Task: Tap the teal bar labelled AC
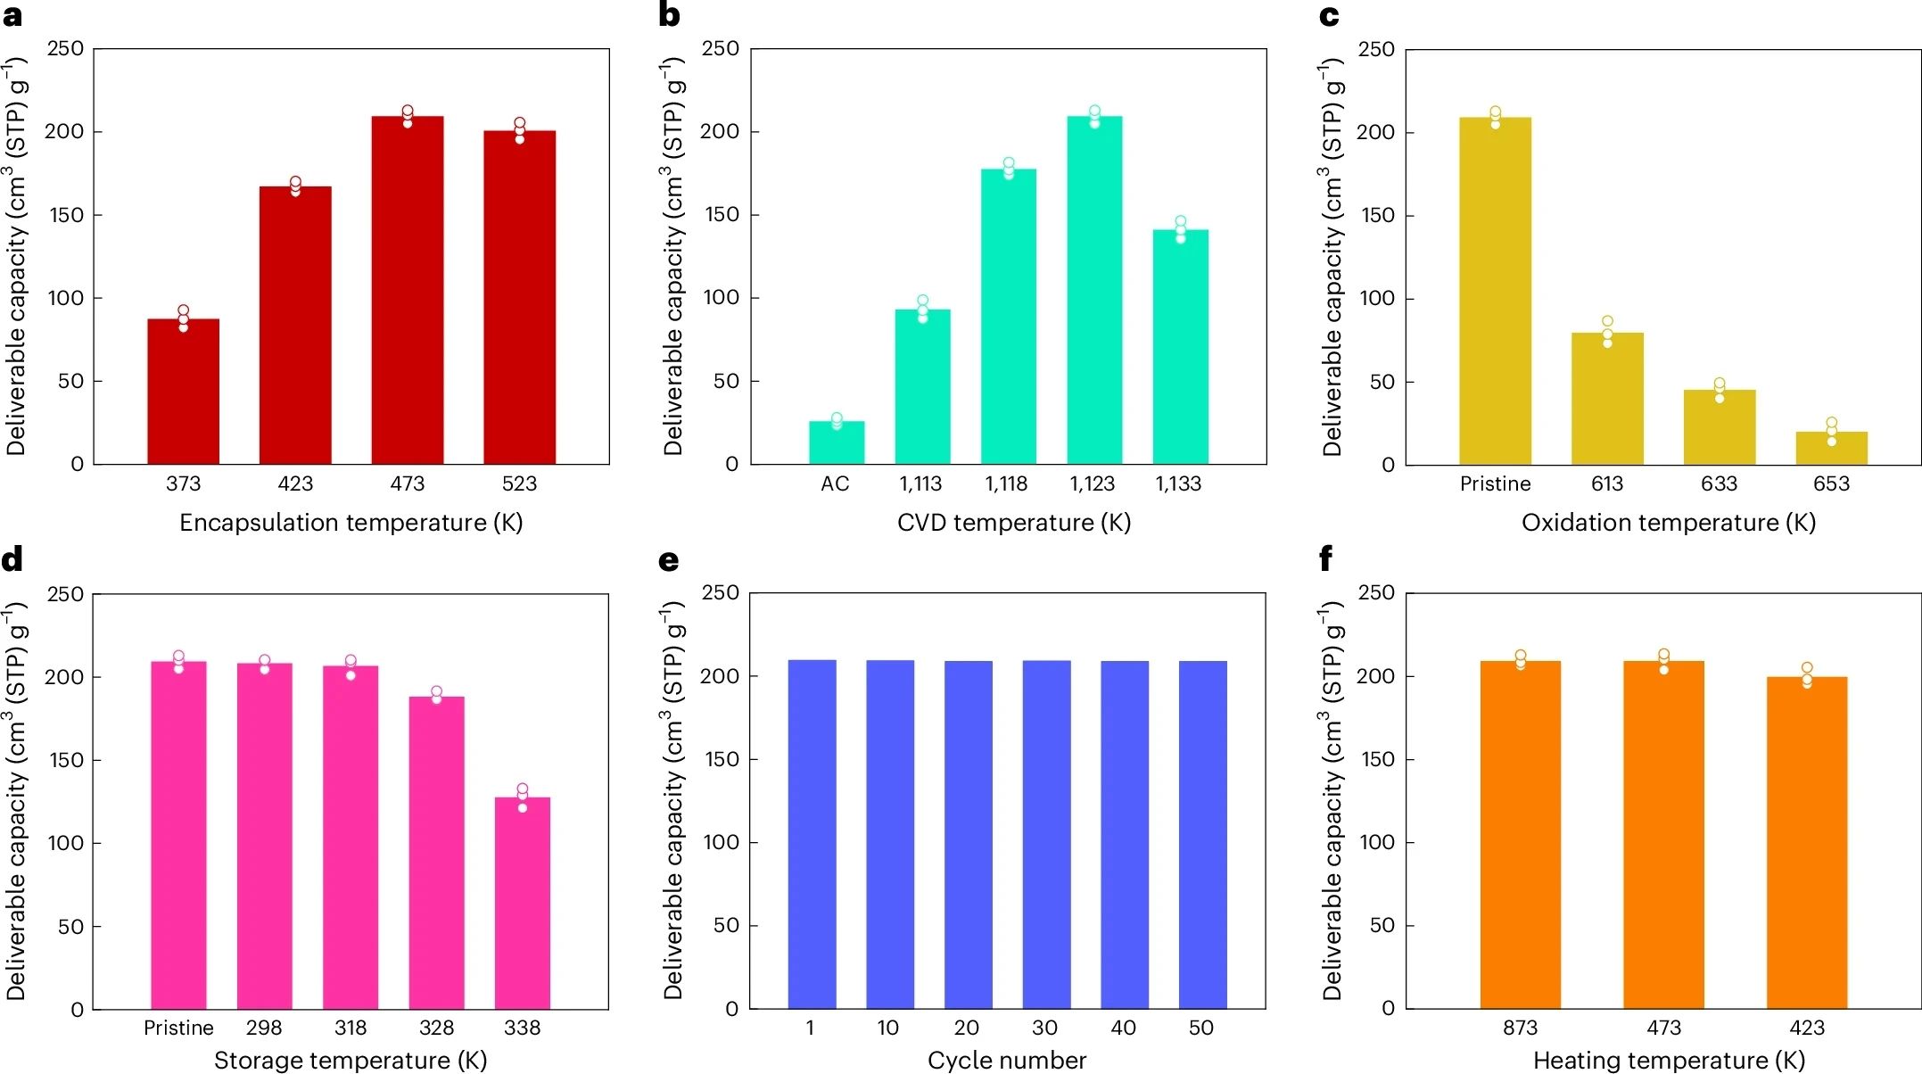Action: [x=837, y=442]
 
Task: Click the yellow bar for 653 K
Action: [x=1831, y=448]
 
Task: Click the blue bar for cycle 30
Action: [x=1046, y=834]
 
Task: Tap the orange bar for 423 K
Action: [x=1806, y=842]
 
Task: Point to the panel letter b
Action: [x=669, y=15]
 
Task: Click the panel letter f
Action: [x=1325, y=559]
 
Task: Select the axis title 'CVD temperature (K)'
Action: [x=1013, y=523]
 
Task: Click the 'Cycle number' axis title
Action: [x=1007, y=1060]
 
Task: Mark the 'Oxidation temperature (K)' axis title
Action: [x=1668, y=523]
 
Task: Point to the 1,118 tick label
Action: [x=1006, y=483]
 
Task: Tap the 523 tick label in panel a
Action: [x=519, y=483]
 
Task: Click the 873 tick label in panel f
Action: [x=1520, y=1028]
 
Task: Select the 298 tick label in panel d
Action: [x=264, y=1028]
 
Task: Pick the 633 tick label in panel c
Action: [x=1719, y=483]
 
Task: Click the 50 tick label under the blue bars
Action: [x=1201, y=1028]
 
